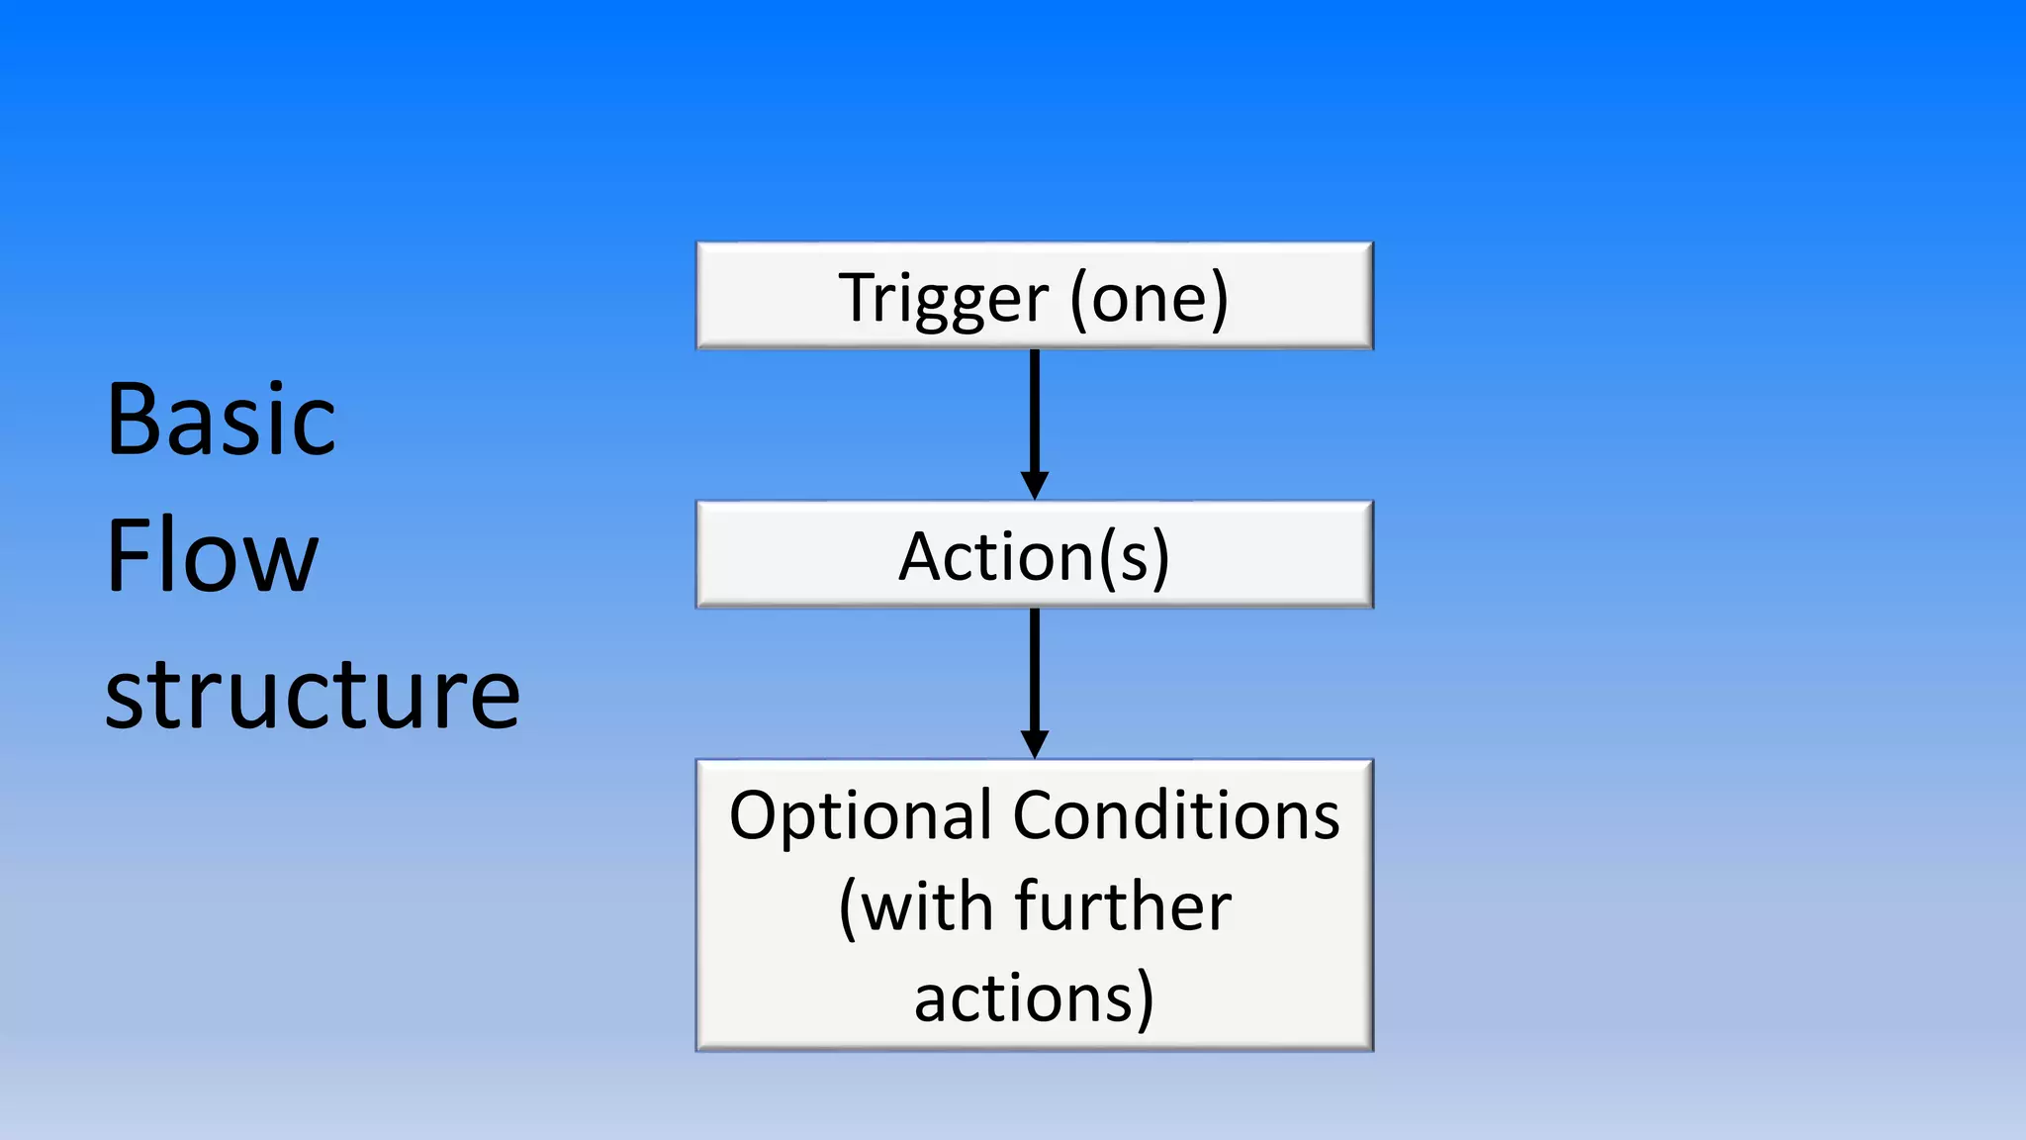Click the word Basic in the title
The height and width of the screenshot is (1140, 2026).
(221, 421)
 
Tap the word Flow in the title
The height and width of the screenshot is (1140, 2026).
(212, 556)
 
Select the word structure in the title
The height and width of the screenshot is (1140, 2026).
(312, 695)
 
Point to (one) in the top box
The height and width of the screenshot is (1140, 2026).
(1150, 299)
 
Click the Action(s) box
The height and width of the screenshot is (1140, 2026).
(1035, 555)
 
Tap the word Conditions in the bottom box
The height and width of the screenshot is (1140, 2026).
(1176, 817)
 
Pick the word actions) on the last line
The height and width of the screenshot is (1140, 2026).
(1035, 997)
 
